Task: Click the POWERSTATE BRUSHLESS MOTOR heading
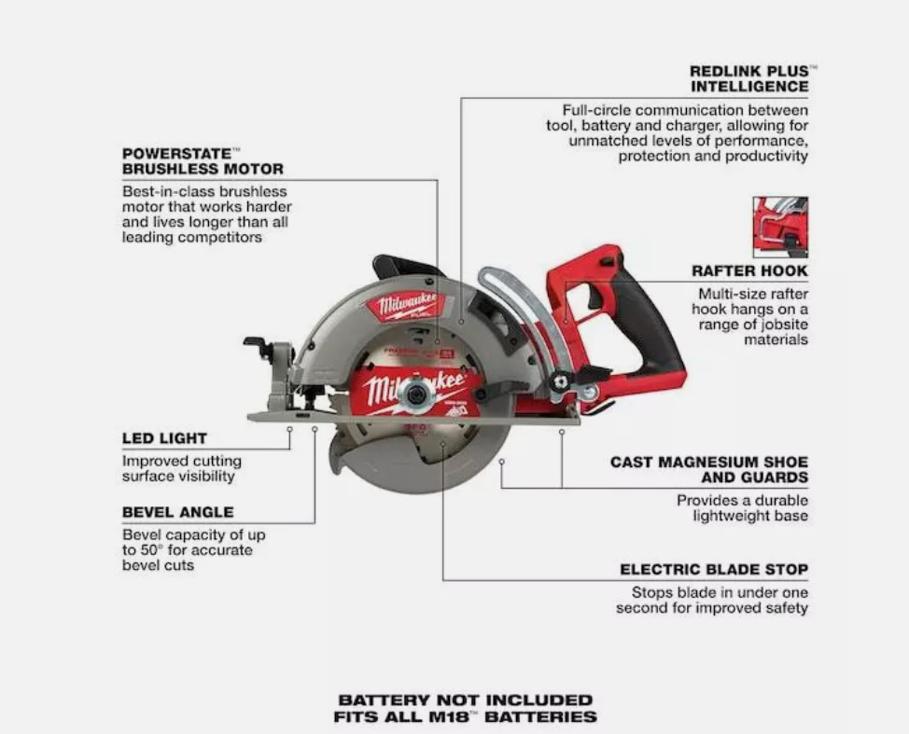point(203,160)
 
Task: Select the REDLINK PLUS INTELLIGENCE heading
point(748,78)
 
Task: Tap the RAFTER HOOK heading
point(749,270)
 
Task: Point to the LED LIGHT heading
point(164,438)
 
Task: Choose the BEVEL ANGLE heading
point(177,512)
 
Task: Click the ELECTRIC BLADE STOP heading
point(714,569)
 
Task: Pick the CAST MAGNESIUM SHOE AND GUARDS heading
point(709,469)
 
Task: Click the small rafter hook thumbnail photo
point(780,227)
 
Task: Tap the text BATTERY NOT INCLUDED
point(465,699)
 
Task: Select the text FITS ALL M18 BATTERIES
point(465,717)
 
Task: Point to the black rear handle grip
point(653,326)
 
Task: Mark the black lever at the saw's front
point(258,346)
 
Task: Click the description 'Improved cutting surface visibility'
point(181,468)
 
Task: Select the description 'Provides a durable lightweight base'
point(742,508)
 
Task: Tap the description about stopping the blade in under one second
point(711,601)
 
